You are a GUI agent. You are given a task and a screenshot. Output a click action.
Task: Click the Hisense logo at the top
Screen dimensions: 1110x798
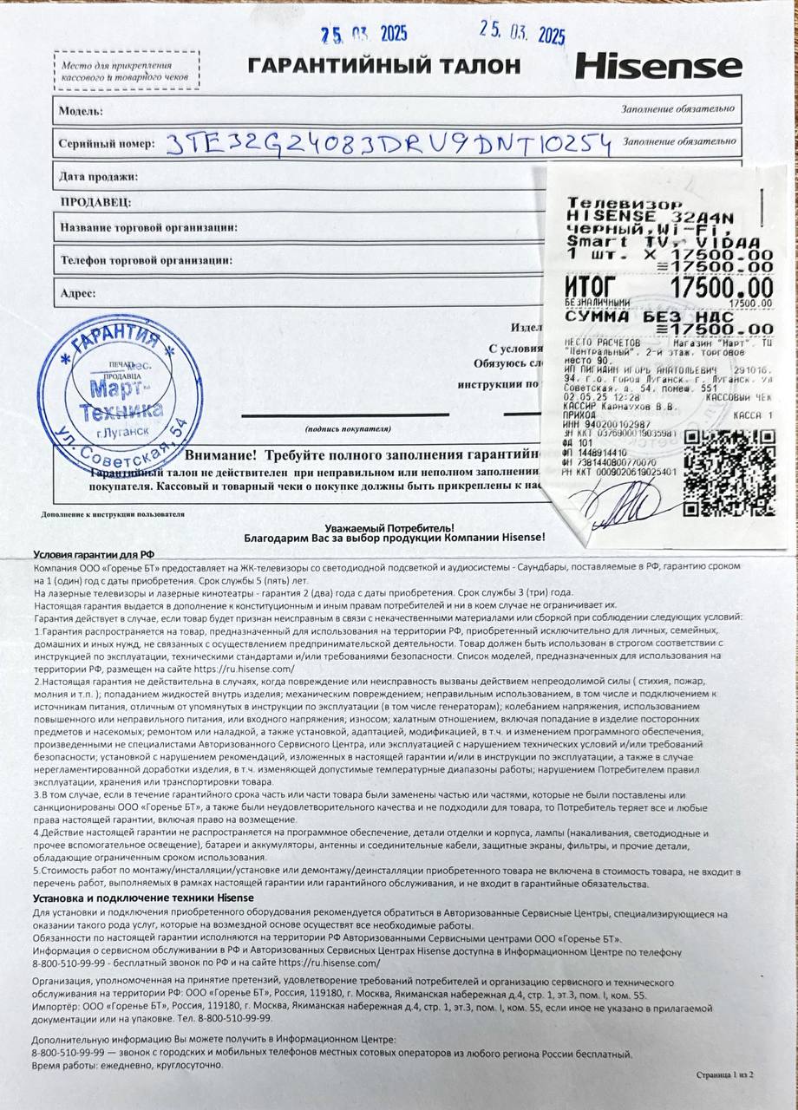click(x=659, y=67)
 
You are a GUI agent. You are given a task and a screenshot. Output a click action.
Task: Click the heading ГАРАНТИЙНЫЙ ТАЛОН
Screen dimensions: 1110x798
click(x=384, y=65)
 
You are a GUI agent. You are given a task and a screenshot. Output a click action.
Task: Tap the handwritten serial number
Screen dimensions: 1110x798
click(x=388, y=142)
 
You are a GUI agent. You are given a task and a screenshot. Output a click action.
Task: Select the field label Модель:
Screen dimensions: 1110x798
click(x=81, y=111)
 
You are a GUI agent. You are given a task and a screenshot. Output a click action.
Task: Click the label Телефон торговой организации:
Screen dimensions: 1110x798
click(x=146, y=259)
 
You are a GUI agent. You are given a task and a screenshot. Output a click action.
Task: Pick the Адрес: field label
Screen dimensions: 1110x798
click(x=78, y=293)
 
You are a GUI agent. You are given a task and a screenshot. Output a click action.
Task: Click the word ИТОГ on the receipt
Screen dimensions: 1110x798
click(x=590, y=287)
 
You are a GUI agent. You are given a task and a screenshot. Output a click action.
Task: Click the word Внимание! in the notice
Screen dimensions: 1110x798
click(x=220, y=454)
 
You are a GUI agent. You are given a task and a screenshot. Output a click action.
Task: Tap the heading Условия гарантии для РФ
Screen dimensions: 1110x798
click(x=95, y=555)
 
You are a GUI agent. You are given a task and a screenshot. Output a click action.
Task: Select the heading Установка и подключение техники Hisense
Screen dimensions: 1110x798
click(x=143, y=898)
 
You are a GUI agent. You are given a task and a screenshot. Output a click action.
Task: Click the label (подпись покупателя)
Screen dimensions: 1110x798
click(x=344, y=429)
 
